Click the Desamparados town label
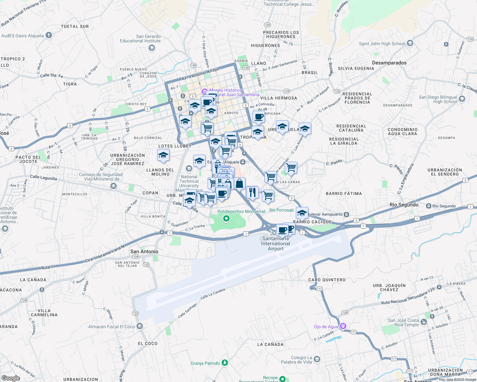[389, 63]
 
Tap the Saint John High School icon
[410, 43]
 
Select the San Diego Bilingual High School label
[438, 99]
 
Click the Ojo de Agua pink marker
[343, 326]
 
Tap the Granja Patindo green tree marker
[225, 363]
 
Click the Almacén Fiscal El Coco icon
[139, 326]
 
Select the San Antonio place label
[144, 251]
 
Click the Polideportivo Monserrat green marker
[226, 218]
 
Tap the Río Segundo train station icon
[429, 206]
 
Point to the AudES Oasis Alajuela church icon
[48, 35]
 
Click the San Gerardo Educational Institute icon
[152, 48]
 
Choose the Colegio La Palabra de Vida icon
[317, 359]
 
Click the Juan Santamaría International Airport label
[275, 244]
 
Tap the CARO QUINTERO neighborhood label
[327, 280]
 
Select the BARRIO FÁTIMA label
[344, 194]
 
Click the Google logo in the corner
[11, 378]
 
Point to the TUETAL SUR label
[75, 26]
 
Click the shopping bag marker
[239, 184]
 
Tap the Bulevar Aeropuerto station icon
[346, 214]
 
